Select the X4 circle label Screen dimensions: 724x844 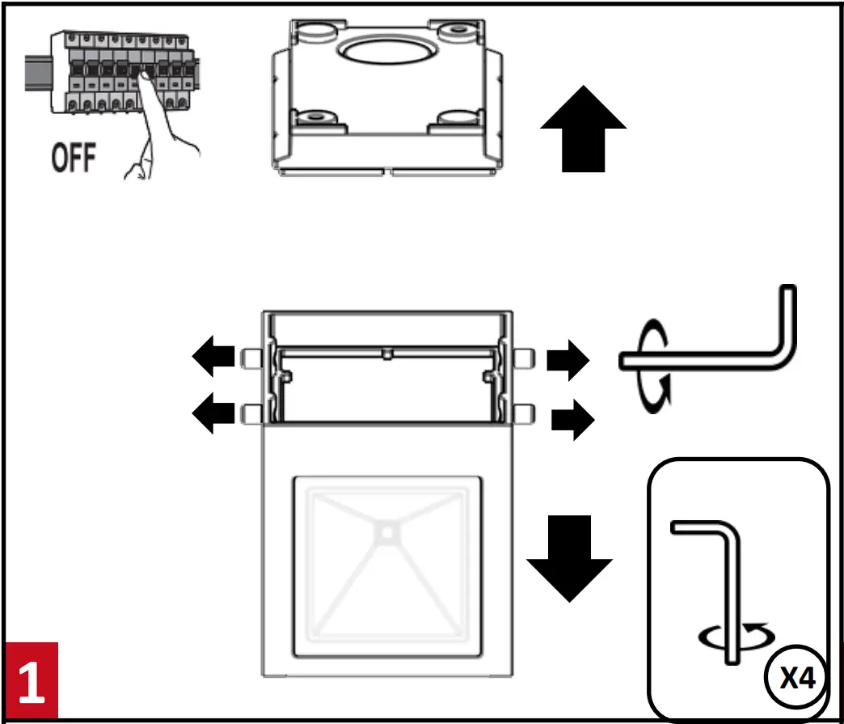point(797,678)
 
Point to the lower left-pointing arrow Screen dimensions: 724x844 point(212,413)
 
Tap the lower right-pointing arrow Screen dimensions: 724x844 point(572,420)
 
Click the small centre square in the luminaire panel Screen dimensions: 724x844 point(387,532)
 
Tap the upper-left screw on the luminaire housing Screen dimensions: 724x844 point(250,357)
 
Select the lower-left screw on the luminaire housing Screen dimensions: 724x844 point(250,413)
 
